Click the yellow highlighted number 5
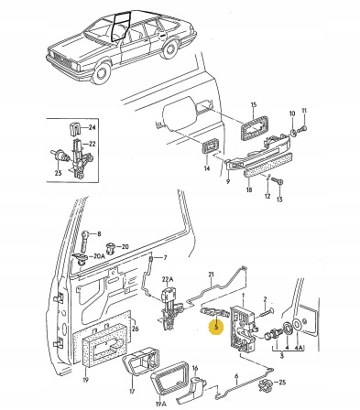216,327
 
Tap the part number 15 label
254,105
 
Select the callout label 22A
168,279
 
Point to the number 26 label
136,329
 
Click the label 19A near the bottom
162,405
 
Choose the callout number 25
283,382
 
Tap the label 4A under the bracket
299,348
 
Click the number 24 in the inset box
92,127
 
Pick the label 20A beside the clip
100,256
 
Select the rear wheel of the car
169,49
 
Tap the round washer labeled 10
292,132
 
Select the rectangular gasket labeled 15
255,127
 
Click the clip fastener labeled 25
266,385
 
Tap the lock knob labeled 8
85,240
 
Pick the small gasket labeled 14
210,148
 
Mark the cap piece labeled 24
74,128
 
